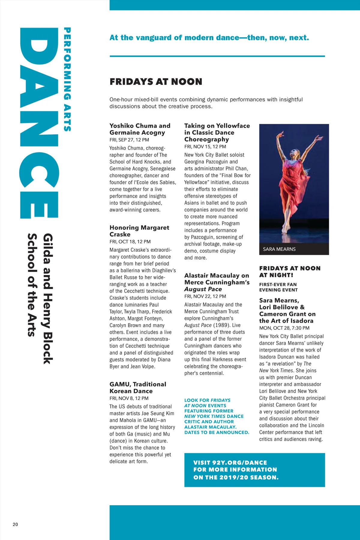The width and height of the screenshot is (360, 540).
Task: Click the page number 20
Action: (15, 524)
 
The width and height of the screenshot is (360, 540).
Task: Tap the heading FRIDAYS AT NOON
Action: (156, 82)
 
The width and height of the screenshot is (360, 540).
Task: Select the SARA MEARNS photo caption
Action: (279, 249)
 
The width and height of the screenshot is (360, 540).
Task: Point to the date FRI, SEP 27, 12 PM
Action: (129, 140)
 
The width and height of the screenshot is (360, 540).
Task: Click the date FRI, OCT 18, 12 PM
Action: (130, 242)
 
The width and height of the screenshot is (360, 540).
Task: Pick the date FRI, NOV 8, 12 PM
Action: (129, 398)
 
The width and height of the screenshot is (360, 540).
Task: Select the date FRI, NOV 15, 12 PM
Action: (205, 147)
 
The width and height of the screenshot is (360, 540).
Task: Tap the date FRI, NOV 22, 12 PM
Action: (205, 296)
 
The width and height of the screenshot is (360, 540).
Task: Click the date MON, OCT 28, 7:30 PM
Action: (284, 328)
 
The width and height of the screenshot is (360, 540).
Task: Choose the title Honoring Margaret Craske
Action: (139, 231)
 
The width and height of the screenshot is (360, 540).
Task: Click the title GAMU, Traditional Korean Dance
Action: (138, 388)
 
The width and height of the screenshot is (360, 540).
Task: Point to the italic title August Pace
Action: (203, 289)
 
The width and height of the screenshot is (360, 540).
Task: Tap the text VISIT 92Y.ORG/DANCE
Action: (230, 463)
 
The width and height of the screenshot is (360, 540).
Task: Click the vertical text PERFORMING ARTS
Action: (67, 79)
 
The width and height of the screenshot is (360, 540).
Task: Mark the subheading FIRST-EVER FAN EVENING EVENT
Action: (278, 287)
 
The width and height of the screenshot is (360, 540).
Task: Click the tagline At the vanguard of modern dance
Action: (209, 38)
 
